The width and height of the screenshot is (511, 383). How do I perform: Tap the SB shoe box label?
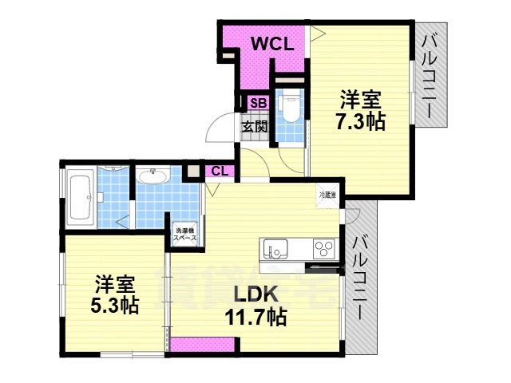(258, 102)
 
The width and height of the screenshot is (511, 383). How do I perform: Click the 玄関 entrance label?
(255, 126)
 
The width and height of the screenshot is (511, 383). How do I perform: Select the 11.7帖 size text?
(255, 317)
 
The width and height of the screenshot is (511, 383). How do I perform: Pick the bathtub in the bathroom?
(81, 195)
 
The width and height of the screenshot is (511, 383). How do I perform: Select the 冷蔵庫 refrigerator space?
(327, 195)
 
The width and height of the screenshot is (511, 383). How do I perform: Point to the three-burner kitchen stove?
(323, 247)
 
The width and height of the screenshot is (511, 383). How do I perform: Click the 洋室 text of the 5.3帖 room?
(113, 283)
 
